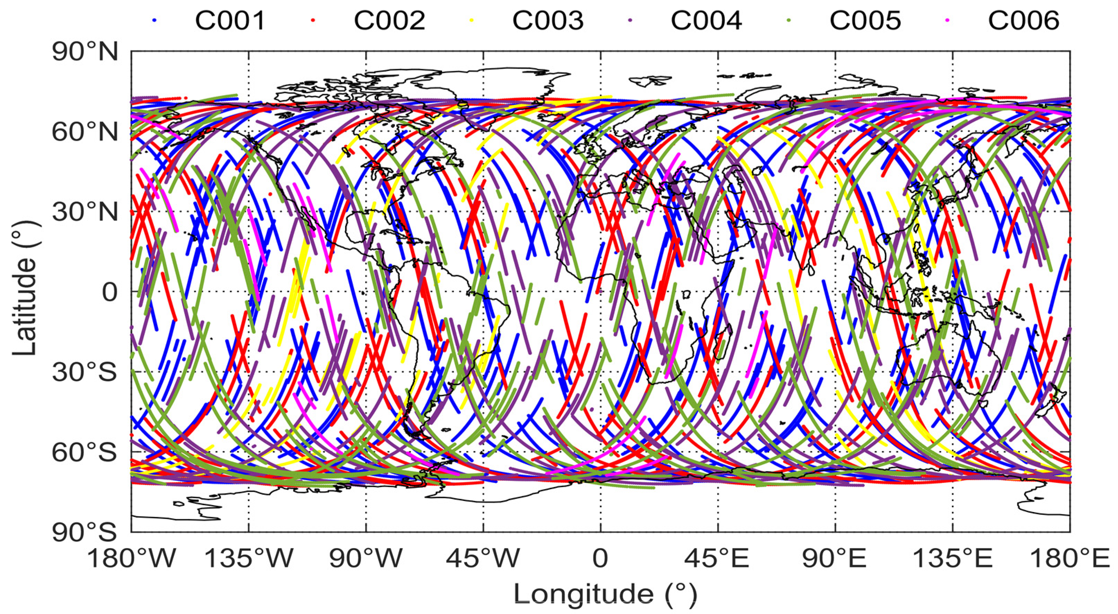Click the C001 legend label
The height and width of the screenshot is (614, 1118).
click(230, 20)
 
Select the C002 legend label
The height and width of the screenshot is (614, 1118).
click(389, 20)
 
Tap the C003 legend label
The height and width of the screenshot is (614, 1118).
click(548, 20)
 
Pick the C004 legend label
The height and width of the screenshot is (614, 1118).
click(706, 20)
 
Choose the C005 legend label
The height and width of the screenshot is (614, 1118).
click(865, 20)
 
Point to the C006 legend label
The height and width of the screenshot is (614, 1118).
click(1024, 20)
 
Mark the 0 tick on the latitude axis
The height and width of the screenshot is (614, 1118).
click(109, 292)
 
